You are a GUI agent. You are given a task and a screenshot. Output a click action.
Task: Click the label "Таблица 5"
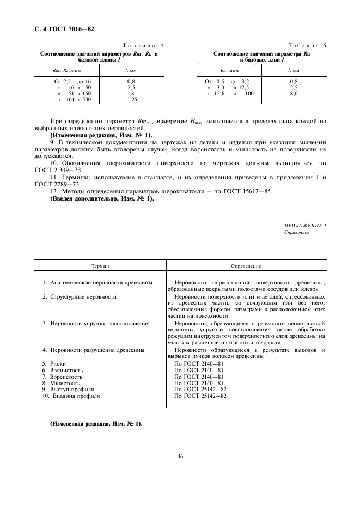[x=308, y=45]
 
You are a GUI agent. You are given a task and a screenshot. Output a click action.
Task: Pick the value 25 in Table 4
[x=134, y=99]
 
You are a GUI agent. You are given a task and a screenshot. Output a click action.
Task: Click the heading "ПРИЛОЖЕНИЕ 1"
[x=305, y=226]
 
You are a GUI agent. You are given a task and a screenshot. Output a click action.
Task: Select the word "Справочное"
[x=297, y=232]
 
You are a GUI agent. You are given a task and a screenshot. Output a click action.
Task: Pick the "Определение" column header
[x=246, y=266]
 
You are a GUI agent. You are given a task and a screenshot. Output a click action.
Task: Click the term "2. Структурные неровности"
[x=80, y=296]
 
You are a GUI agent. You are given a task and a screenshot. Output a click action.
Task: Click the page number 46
[x=180, y=456]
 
